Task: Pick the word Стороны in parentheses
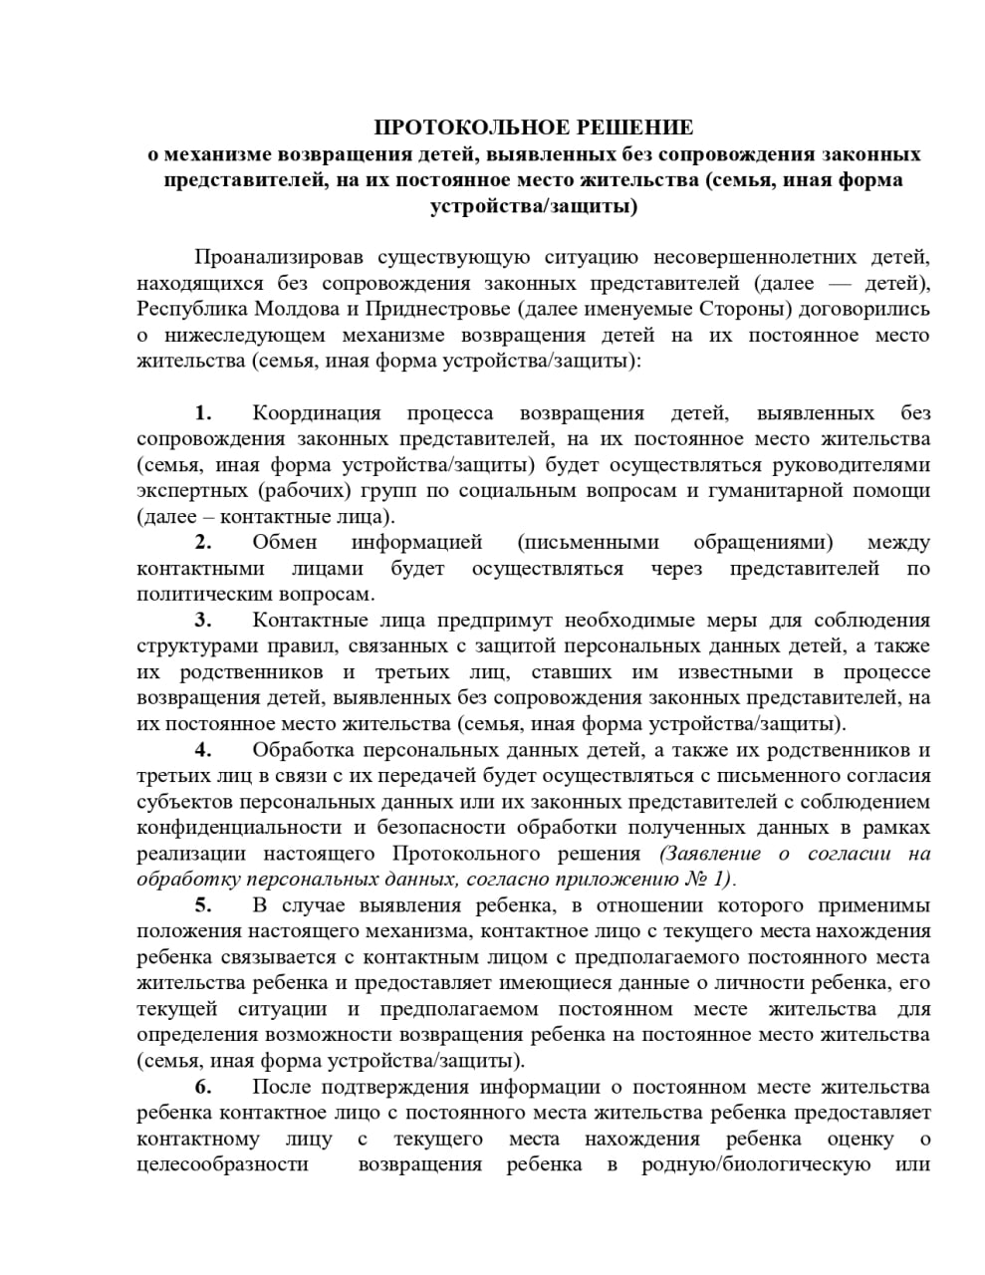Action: pyautogui.click(x=745, y=309)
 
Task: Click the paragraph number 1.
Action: pyautogui.click(x=203, y=413)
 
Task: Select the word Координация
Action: pyautogui.click(x=317, y=413)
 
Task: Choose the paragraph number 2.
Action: pyautogui.click(x=203, y=543)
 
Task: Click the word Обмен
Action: pyautogui.click(x=285, y=543)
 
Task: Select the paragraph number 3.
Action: pyautogui.click(x=203, y=621)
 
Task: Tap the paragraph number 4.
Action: pyautogui.click(x=203, y=750)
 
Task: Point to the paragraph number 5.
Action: pyautogui.click(x=203, y=905)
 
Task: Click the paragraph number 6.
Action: pyautogui.click(x=203, y=1087)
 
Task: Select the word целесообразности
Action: pyautogui.click(x=222, y=1164)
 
